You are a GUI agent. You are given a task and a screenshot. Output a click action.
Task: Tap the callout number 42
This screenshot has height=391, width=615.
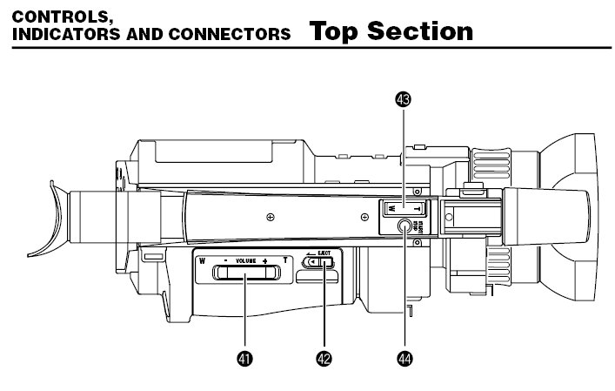click(x=324, y=358)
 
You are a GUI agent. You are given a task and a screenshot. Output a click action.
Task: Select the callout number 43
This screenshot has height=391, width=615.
click(x=403, y=99)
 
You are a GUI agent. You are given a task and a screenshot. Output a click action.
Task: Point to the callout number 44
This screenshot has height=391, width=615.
click(x=404, y=358)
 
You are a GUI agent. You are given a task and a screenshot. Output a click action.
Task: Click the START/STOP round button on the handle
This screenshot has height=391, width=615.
click(x=405, y=226)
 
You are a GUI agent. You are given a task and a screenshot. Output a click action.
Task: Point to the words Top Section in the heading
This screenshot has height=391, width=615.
click(x=391, y=31)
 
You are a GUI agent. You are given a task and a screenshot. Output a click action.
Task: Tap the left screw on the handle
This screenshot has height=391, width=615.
click(x=271, y=215)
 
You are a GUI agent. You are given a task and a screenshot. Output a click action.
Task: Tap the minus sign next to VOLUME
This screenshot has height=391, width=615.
click(x=224, y=260)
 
